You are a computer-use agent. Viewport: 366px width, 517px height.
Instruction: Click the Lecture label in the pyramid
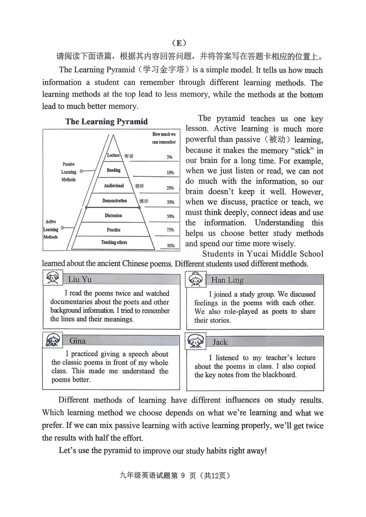point(114,156)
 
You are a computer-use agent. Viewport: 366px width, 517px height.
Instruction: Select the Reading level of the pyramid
point(114,170)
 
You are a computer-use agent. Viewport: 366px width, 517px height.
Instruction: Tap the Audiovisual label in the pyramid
point(114,186)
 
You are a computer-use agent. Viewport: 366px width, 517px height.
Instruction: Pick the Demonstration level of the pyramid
point(115,201)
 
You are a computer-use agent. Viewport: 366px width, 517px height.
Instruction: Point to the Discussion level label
point(114,215)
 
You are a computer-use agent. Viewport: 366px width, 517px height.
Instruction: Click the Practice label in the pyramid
point(114,230)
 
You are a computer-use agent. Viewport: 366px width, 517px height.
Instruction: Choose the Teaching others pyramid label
point(114,243)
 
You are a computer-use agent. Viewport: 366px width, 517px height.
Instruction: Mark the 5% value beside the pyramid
point(169,157)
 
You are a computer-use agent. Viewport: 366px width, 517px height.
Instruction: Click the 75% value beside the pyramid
point(170,230)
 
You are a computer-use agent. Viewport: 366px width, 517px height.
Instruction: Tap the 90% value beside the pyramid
point(171,246)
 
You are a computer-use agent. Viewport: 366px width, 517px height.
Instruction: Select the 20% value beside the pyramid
point(170,188)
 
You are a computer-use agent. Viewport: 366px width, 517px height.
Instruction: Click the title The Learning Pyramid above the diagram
point(106,122)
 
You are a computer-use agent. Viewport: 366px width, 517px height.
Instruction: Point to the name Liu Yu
point(80,280)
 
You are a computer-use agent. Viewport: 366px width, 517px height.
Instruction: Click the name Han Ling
point(227,280)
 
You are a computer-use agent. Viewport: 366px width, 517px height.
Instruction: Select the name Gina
point(77,341)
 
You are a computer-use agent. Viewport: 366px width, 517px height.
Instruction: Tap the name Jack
point(220,342)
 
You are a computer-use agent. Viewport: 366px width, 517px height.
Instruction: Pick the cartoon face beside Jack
point(196,341)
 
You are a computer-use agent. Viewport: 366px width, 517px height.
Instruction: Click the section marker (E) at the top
point(179,43)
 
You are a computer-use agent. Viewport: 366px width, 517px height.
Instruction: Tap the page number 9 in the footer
point(183,476)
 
